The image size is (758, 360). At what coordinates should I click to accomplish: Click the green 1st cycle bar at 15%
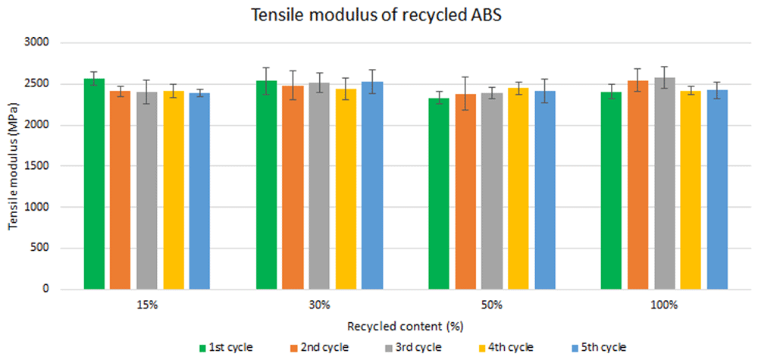94,184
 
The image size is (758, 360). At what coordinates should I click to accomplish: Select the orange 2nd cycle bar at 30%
293,188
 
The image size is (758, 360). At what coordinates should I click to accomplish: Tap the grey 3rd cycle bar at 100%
665,183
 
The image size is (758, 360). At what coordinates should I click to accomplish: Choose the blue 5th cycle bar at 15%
199,191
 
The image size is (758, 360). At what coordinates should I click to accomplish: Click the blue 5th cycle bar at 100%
717,190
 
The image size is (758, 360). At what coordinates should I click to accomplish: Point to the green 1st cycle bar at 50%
439,194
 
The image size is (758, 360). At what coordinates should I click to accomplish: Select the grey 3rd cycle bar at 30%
320,186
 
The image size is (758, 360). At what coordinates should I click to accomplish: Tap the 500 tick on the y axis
45,249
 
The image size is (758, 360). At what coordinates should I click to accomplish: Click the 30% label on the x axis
320,305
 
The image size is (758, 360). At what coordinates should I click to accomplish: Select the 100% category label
665,305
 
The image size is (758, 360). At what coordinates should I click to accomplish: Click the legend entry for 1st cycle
226,347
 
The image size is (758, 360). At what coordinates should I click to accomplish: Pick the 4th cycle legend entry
506,347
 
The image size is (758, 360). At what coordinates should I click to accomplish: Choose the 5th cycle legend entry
599,347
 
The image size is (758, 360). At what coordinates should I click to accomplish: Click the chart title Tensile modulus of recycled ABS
379,16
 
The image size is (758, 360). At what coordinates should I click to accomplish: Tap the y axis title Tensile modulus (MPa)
14,166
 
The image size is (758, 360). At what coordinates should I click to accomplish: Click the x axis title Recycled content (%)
405,327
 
